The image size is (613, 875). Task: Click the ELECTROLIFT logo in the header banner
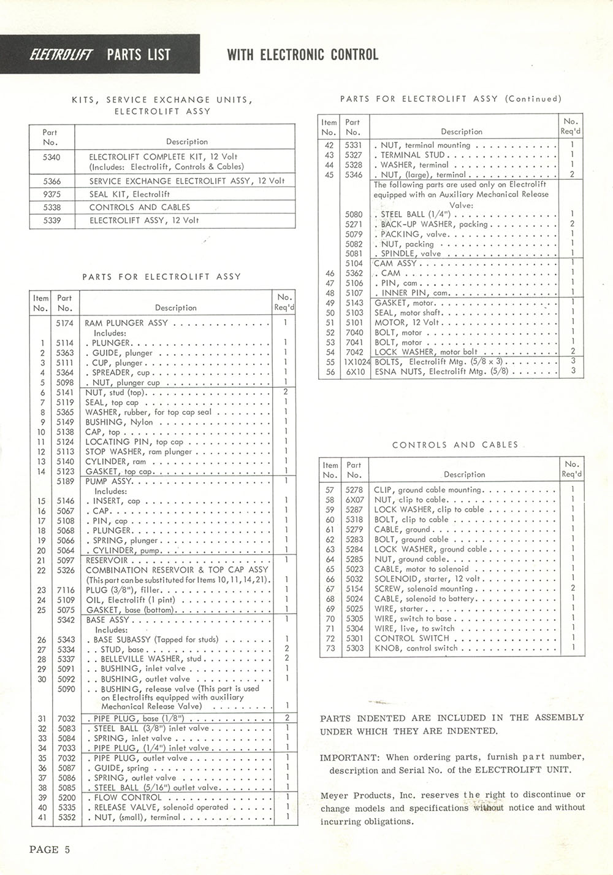tap(60, 55)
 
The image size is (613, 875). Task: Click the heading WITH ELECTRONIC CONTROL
tap(302, 55)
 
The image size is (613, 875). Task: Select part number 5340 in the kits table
tap(52, 157)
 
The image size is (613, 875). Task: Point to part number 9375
tap(52, 195)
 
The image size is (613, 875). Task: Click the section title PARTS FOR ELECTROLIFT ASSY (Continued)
tap(451, 98)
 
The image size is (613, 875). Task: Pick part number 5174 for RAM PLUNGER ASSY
tap(64, 323)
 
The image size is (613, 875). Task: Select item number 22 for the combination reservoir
tap(41, 570)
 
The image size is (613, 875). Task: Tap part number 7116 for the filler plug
tap(65, 590)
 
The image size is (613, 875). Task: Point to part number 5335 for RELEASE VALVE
tap(66, 807)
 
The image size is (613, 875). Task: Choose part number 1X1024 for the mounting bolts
tap(355, 361)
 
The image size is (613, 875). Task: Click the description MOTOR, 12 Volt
tap(408, 322)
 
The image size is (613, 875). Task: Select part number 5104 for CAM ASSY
tap(354, 263)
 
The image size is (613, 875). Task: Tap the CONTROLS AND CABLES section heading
tap(455, 445)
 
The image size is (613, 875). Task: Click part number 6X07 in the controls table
tap(354, 499)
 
